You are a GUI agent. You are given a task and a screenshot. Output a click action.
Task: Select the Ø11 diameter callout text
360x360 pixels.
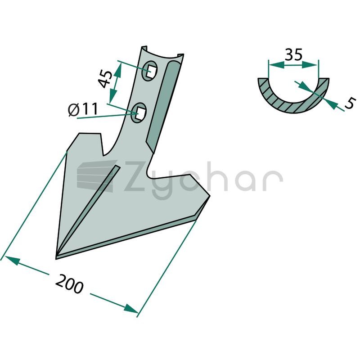pyautogui.click(x=83, y=109)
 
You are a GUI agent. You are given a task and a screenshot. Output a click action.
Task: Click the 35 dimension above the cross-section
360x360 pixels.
pyautogui.click(x=293, y=55)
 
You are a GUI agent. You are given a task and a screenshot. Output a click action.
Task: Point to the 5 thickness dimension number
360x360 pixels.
pyautogui.click(x=350, y=103)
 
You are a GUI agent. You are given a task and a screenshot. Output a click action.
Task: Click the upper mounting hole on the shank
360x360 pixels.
pyautogui.click(x=149, y=71)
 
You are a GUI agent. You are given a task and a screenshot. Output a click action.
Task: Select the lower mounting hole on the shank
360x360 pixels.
pyautogui.click(x=139, y=112)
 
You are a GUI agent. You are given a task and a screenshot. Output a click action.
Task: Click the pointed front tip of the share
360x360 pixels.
pyautogui.click(x=56, y=259)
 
